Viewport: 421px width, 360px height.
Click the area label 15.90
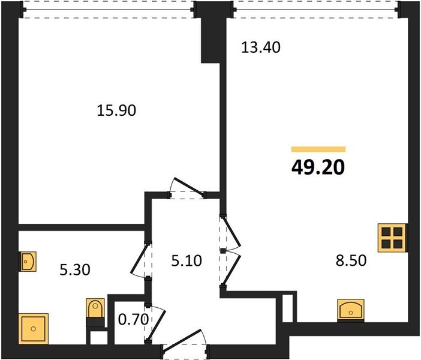[116, 110]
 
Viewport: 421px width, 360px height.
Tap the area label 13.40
[261, 47]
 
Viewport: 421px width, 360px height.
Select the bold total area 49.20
[318, 167]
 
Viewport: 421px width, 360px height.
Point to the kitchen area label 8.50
[351, 260]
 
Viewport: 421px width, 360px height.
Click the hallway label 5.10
[187, 261]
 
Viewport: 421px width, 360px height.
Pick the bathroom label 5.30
[75, 270]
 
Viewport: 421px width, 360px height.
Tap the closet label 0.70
[134, 320]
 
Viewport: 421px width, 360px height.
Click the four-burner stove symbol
[392, 238]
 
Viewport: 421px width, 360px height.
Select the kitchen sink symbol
[351, 310]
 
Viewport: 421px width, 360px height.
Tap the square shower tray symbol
[34, 329]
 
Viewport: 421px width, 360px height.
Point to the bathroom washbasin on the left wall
[28, 261]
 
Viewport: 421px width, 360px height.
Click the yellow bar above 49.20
[318, 149]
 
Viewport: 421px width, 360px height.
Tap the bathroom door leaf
[139, 259]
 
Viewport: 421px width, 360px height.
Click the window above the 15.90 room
[109, 10]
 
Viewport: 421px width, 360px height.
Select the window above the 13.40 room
[315, 10]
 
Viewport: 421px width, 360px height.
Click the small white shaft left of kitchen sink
[287, 308]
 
